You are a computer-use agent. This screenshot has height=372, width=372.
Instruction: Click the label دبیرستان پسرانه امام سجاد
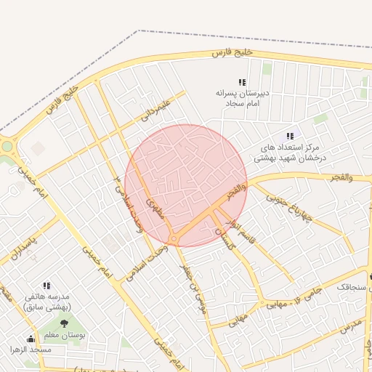(241, 99)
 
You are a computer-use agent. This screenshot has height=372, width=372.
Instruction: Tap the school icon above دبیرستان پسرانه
(242, 83)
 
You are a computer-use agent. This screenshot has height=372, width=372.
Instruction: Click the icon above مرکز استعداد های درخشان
(290, 136)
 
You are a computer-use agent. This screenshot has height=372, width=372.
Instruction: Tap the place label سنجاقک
(352, 288)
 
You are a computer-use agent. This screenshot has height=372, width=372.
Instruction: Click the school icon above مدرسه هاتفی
(46, 286)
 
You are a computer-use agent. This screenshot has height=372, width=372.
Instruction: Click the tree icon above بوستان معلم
(64, 323)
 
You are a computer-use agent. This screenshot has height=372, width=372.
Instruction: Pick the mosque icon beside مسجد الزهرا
(30, 339)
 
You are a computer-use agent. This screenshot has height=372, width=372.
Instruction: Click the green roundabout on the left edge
(7, 146)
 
